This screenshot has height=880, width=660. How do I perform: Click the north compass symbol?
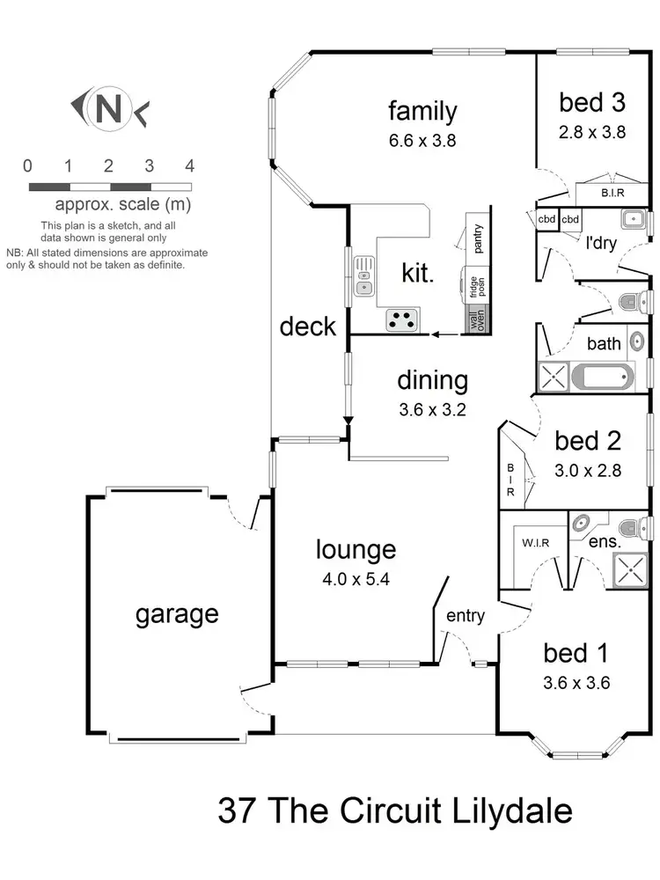tap(108, 108)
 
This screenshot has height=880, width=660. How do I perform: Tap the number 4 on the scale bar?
tap(189, 165)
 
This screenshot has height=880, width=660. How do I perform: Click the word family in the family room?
tap(422, 112)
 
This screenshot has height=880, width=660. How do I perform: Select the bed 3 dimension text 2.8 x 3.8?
tap(591, 133)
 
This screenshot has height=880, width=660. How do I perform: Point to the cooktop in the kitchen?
tap(404, 321)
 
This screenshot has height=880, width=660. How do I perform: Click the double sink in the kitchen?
tap(364, 276)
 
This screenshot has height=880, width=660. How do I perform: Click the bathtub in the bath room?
tap(602, 378)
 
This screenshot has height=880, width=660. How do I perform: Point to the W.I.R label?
tap(535, 542)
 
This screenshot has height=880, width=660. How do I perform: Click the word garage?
tap(176, 613)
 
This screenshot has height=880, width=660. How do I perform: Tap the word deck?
tap(308, 326)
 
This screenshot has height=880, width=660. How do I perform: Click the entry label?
tap(465, 616)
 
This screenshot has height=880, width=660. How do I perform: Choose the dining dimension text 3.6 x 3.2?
tap(432, 409)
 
